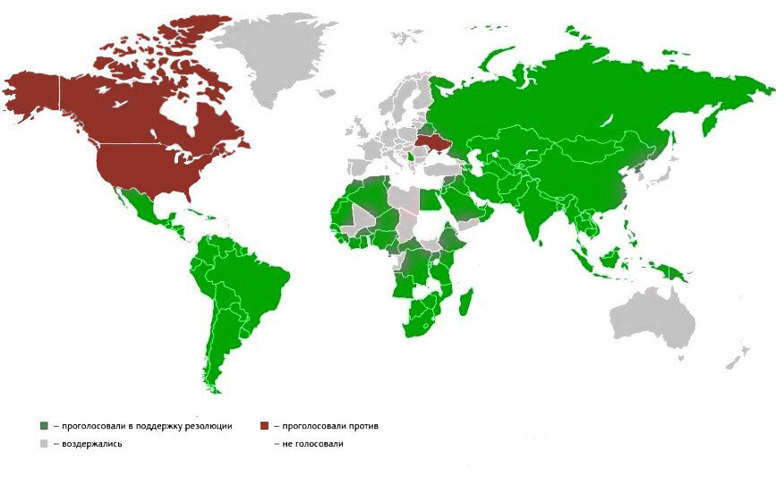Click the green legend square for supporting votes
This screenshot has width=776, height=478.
click(44, 426)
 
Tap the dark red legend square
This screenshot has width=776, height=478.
click(265, 426)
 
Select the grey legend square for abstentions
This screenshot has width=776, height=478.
click(44, 443)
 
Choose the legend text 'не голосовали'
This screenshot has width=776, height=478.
click(313, 443)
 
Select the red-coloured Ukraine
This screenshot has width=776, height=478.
click(429, 145)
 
